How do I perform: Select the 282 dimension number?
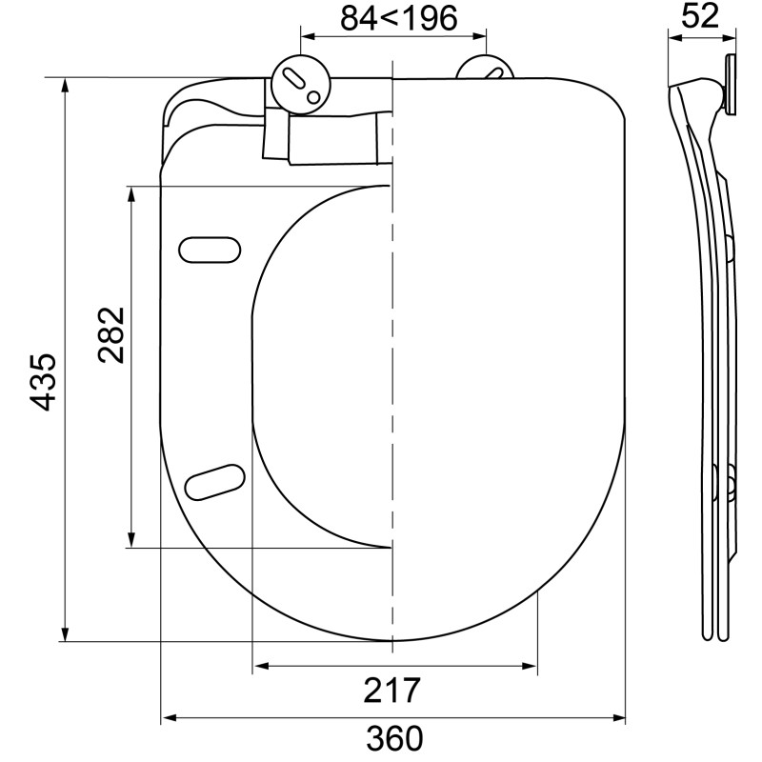tap(112, 334)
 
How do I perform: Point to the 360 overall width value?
tap(394, 739)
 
